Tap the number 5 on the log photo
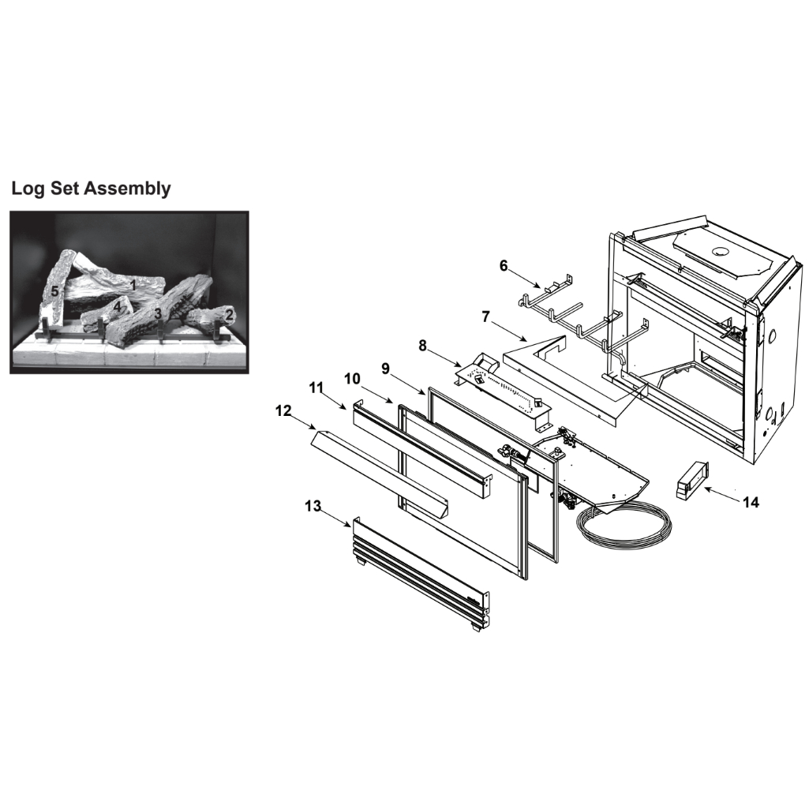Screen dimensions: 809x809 (x=54, y=291)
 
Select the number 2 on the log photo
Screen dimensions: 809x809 (x=229, y=314)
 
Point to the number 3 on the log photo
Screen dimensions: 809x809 (x=158, y=313)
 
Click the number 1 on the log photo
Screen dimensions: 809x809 (x=133, y=285)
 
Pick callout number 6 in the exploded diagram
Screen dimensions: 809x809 (x=504, y=266)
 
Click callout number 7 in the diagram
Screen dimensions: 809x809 (x=485, y=316)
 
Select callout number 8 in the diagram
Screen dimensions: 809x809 (x=422, y=346)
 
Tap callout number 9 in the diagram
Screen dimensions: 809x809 (x=385, y=369)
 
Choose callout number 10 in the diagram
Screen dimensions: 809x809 (x=352, y=379)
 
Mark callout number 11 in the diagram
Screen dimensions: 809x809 (x=316, y=388)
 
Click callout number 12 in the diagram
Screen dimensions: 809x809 (x=283, y=410)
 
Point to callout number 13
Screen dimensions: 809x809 (x=313, y=506)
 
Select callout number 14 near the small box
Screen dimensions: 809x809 (x=751, y=502)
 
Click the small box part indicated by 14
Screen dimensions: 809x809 (x=692, y=481)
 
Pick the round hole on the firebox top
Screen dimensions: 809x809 (x=718, y=251)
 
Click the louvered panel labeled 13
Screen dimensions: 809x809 (x=420, y=574)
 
